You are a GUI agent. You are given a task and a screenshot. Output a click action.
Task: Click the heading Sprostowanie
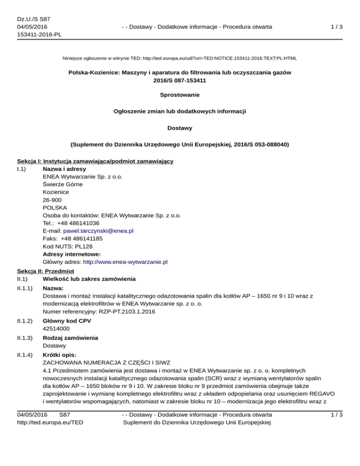(x=180, y=95)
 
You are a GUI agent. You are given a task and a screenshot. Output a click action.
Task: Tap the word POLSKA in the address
(x=54, y=208)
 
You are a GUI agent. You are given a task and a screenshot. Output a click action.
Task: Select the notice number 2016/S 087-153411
(x=180, y=80)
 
